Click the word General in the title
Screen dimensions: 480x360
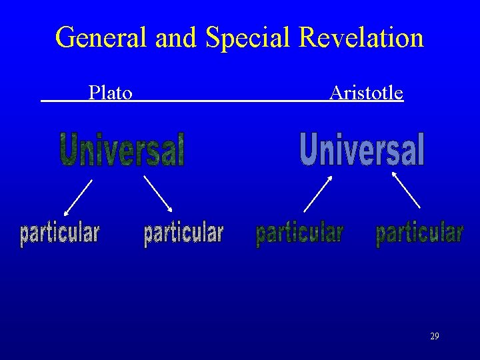pos(101,37)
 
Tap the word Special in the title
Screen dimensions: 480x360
pos(249,37)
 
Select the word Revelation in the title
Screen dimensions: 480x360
pos(361,37)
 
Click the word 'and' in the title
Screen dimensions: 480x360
pos(177,37)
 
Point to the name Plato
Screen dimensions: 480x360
pos(111,93)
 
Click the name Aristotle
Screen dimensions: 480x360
pos(366,93)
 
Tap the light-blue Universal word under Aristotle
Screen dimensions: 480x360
pos(362,149)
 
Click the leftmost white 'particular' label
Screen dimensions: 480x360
pos(59,234)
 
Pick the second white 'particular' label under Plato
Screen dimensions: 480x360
pos(183,234)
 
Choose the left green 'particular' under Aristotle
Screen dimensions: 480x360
pos(299,234)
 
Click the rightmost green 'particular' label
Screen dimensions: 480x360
pos(419,234)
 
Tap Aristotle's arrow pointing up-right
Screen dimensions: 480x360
pos(317,193)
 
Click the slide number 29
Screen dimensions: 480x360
pos(435,337)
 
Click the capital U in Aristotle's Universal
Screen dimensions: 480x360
pos(309,149)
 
